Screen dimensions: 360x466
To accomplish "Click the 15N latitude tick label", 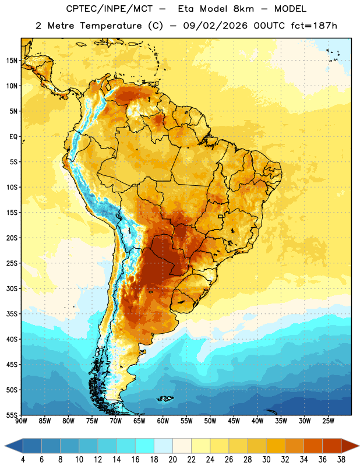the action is [x=12, y=61].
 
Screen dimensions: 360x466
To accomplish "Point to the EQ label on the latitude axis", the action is [x=13, y=137].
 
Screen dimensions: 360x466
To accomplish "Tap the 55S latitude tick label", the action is [x=12, y=415].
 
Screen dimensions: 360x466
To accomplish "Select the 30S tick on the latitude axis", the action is [x=12, y=288].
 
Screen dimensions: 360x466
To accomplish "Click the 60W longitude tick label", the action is [x=163, y=421].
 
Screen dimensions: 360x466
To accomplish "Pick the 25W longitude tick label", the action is [x=328, y=421].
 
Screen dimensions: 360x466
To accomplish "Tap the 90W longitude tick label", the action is [x=22, y=421].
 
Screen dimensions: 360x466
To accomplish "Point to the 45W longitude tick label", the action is [x=234, y=421].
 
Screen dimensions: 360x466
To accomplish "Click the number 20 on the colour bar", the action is [x=172, y=460].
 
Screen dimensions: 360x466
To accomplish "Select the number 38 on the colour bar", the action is [x=341, y=460].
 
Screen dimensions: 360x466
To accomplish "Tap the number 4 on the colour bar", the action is [x=23, y=460].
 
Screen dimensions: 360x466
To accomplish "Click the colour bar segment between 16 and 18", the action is [x=144, y=446].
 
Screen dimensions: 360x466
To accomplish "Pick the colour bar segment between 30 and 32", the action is [x=276, y=446].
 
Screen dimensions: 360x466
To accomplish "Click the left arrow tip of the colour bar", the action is [x=5, y=446].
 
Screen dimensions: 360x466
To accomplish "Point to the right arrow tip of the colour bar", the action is [x=359, y=446].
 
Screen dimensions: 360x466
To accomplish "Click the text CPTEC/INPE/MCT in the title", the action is [x=109, y=9].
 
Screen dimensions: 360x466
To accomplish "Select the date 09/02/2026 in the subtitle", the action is [x=215, y=26].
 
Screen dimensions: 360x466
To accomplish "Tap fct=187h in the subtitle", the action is [x=314, y=26].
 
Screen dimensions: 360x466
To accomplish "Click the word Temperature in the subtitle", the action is [x=111, y=26].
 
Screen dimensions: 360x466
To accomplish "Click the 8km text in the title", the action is [x=243, y=9].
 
